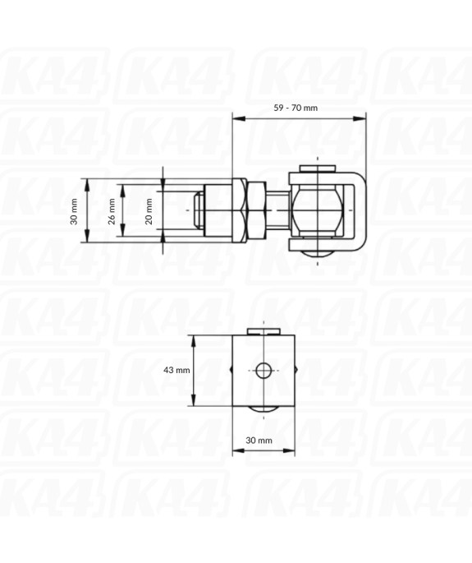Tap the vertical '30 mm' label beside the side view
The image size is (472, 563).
point(76,211)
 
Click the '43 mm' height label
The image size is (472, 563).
point(176,370)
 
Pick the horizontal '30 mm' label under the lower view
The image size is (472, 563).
point(259,441)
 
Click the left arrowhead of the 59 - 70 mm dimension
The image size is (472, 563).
point(236,118)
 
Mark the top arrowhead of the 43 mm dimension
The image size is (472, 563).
point(195,339)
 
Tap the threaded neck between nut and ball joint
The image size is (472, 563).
point(278,210)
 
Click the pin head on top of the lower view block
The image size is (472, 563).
point(264,331)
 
